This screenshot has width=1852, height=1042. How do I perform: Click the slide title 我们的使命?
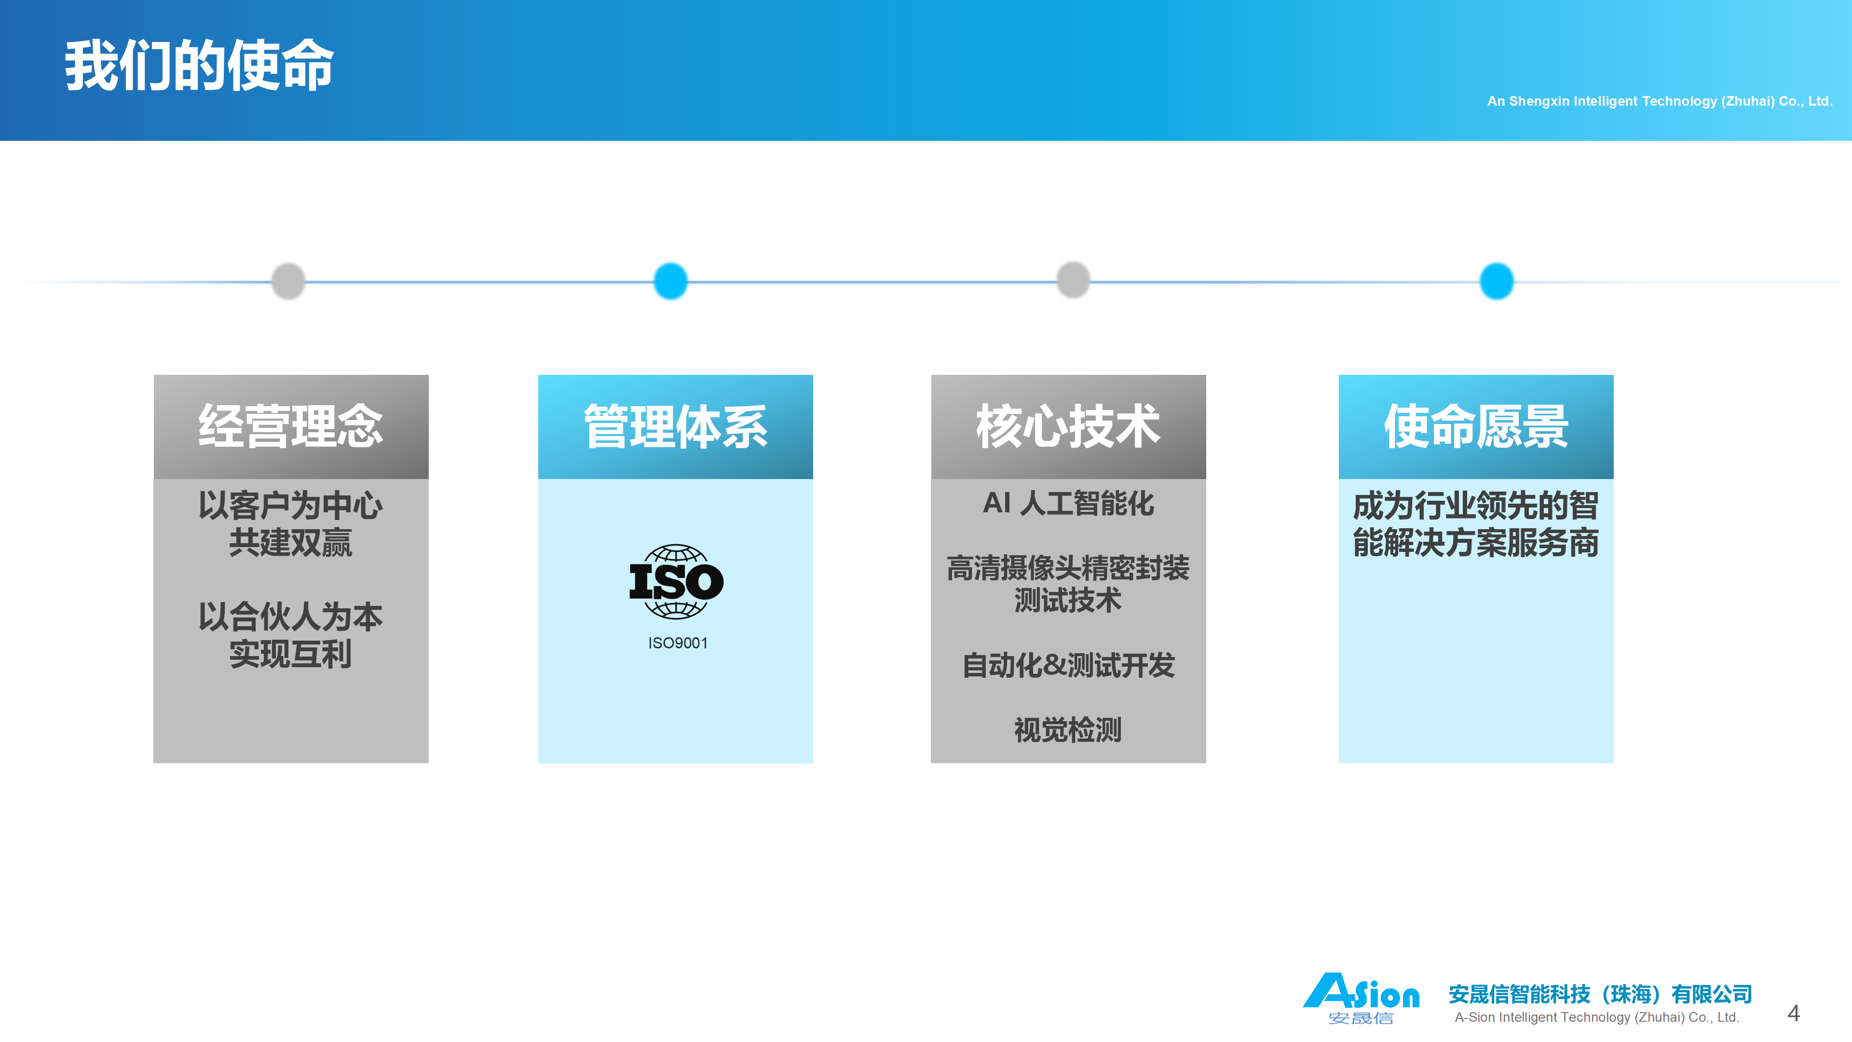(199, 66)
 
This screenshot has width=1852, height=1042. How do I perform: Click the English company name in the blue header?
(1659, 101)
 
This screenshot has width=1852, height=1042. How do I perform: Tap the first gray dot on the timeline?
(288, 280)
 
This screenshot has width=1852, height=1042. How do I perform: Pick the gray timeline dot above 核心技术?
(1073, 280)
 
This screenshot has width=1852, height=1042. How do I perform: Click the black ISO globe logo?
(676, 581)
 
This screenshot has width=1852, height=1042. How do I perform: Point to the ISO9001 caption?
(677, 643)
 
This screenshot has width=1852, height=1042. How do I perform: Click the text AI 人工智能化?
(1068, 503)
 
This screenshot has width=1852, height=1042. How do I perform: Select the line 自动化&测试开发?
(1068, 665)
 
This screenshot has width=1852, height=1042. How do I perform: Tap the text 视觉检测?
(1068, 730)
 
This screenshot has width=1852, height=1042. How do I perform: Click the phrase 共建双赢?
(290, 542)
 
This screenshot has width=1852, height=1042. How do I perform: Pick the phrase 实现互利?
(290, 654)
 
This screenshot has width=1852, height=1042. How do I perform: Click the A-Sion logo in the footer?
(1361, 998)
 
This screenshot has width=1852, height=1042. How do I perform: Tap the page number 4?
(1793, 1013)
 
